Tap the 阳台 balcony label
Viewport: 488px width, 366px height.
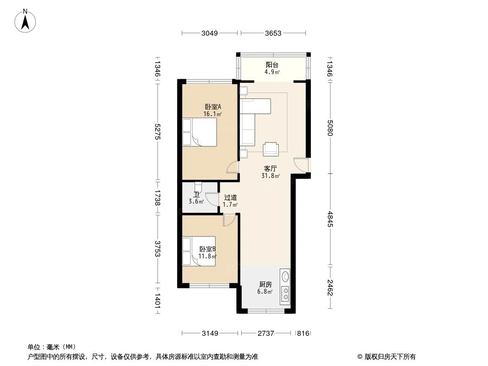click(272, 65)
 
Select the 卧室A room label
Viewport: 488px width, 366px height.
click(213, 107)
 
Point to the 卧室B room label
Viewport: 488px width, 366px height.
click(207, 249)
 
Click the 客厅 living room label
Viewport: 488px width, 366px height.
click(271, 168)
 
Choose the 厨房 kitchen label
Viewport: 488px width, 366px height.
click(265, 284)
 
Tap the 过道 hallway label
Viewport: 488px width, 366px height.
click(230, 198)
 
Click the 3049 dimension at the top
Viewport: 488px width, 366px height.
click(210, 33)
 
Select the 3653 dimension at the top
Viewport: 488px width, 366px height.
click(273, 33)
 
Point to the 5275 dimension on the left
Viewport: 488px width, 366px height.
click(157, 132)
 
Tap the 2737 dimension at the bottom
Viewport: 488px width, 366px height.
click(265, 334)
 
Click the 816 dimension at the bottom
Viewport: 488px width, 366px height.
click(303, 334)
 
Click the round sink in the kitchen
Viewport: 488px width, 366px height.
click(286, 276)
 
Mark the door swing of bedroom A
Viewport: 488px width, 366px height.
click(232, 168)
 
